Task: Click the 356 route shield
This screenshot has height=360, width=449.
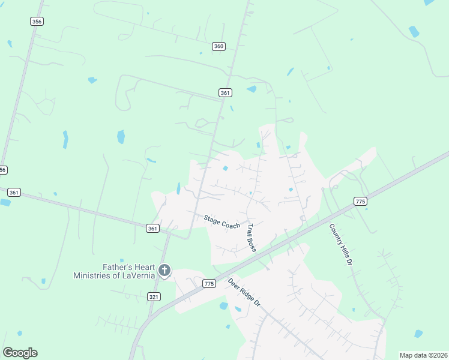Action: pyautogui.click(x=37, y=21)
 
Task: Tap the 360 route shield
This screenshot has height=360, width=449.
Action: pyautogui.click(x=218, y=46)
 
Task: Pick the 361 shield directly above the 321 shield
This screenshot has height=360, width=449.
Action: pyautogui.click(x=152, y=228)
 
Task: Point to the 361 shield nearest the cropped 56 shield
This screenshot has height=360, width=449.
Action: pyautogui.click(x=14, y=193)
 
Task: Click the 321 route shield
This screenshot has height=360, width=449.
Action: pyautogui.click(x=154, y=296)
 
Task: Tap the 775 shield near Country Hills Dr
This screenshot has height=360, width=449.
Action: pyautogui.click(x=360, y=202)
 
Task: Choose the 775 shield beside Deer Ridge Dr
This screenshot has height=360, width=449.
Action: pyautogui.click(x=209, y=283)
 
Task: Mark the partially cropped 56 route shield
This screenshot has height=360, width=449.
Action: pyautogui.click(x=3, y=170)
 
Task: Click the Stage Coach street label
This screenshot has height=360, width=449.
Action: pyautogui.click(x=221, y=221)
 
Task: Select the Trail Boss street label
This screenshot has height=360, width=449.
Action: pyautogui.click(x=251, y=238)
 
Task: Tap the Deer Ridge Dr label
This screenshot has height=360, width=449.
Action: pyautogui.click(x=244, y=292)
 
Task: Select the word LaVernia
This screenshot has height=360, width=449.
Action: pyautogui.click(x=140, y=275)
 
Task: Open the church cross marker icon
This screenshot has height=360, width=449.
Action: pyautogui.click(x=164, y=271)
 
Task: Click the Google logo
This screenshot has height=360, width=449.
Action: pyautogui.click(x=20, y=353)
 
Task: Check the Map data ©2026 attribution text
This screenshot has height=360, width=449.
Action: pyautogui.click(x=423, y=355)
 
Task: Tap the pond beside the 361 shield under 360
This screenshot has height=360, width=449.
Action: pyautogui.click(x=252, y=89)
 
